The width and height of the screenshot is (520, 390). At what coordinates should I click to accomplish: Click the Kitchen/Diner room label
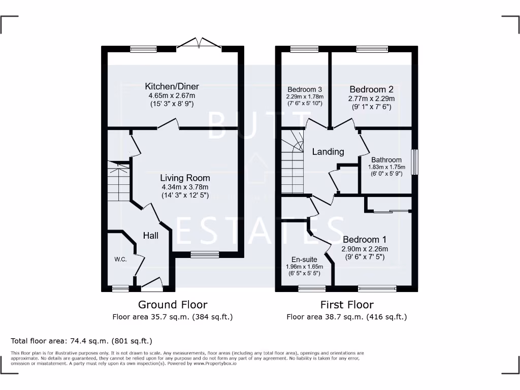point(172,86)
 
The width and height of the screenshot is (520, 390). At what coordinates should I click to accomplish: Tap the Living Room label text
point(185,178)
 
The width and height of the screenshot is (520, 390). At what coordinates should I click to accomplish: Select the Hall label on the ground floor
point(150,236)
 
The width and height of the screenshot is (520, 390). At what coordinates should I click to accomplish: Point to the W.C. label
point(120,259)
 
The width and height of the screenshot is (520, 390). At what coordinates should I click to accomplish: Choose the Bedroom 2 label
point(371,89)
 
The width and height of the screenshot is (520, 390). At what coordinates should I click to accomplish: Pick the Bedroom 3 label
point(305,89)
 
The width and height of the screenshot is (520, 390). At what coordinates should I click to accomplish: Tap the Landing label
point(328,151)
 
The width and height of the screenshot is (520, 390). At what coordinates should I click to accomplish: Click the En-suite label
point(305,259)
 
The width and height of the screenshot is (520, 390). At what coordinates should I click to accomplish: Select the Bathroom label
point(386,160)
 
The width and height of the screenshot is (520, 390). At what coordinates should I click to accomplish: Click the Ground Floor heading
point(173,305)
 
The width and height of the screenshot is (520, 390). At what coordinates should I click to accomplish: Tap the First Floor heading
point(347,305)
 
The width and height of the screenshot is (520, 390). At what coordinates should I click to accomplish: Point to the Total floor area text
point(81,341)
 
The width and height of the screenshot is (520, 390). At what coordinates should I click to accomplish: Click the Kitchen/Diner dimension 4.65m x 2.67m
point(172,95)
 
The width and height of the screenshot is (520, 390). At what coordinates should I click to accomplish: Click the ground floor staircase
point(118,181)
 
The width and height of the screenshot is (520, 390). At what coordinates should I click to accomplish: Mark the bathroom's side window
point(415,162)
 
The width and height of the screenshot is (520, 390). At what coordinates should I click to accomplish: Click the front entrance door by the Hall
point(152,285)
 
